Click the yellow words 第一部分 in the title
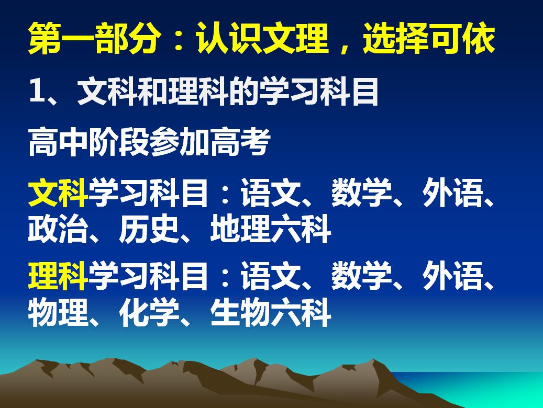pyautogui.click(x=94, y=38)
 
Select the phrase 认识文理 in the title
pyautogui.click(x=262, y=38)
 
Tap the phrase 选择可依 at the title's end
pyautogui.click(x=429, y=38)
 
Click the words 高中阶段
pyautogui.click(x=88, y=142)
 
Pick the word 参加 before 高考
pyautogui.click(x=179, y=142)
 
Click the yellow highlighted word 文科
pyautogui.click(x=58, y=192)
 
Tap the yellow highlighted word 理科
pyautogui.click(x=58, y=276)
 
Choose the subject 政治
pyautogui.click(x=58, y=229)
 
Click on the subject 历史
pyautogui.click(x=149, y=229)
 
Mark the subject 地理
pyautogui.click(x=240, y=229)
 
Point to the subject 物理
pyautogui.click(x=58, y=312)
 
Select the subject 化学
pyautogui.click(x=149, y=312)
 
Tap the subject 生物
pyautogui.click(x=240, y=312)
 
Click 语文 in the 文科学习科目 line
pyautogui.click(x=271, y=192)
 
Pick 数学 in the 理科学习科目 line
pyautogui.click(x=361, y=276)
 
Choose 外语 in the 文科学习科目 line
pyautogui.click(x=452, y=192)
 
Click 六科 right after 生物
pyautogui.click(x=301, y=312)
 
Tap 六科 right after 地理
pyautogui.click(x=301, y=229)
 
